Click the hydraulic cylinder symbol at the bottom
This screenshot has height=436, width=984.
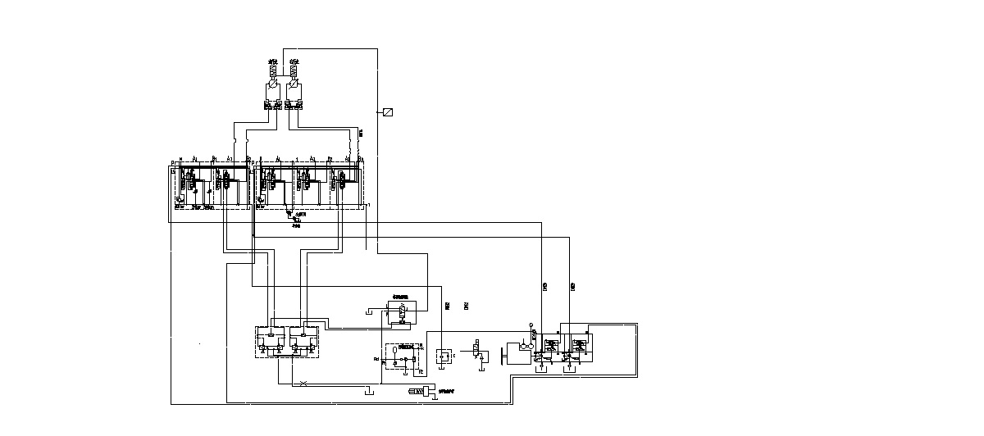pos(419,394)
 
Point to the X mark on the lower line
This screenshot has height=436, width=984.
pos(304,384)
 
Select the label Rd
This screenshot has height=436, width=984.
pos(376,359)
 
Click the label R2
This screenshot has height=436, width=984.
pos(420,372)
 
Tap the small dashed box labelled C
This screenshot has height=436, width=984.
pos(444,356)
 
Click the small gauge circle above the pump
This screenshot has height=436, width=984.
pos(531,325)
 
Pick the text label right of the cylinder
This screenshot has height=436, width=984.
pos(446,393)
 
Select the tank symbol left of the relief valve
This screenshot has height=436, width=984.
pos(371,311)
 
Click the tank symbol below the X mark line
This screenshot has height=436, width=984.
pos(369,391)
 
